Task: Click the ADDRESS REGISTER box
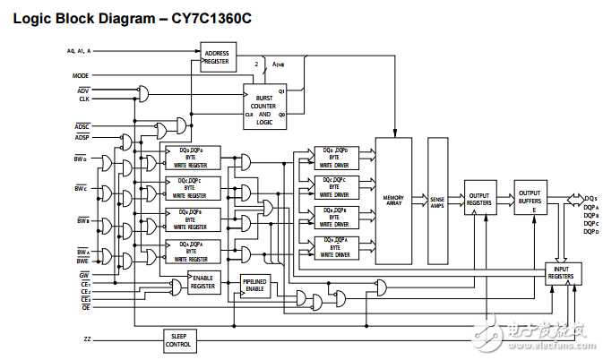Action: point(216,58)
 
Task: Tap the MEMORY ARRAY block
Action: point(393,200)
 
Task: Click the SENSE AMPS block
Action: point(437,200)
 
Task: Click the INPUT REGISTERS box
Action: point(562,273)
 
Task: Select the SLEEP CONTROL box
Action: point(179,340)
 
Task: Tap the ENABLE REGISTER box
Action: point(202,283)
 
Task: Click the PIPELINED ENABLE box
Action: point(256,287)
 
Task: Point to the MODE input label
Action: point(81,76)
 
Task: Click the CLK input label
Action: point(83,99)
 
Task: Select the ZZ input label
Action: point(85,339)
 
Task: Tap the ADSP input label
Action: point(82,137)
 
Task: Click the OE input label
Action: point(84,307)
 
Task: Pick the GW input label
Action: point(83,274)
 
